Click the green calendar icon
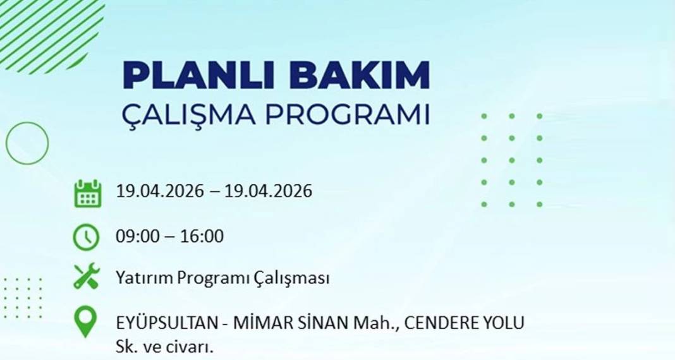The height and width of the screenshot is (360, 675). point(87,193)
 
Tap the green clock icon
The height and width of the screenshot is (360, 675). point(86,237)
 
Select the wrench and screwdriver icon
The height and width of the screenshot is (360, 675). point(87,277)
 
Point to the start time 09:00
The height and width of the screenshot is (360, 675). point(135,237)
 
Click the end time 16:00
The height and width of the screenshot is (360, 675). point(204,237)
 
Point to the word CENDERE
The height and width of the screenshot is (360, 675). point(434,323)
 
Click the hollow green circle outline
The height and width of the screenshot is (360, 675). point(27,143)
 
